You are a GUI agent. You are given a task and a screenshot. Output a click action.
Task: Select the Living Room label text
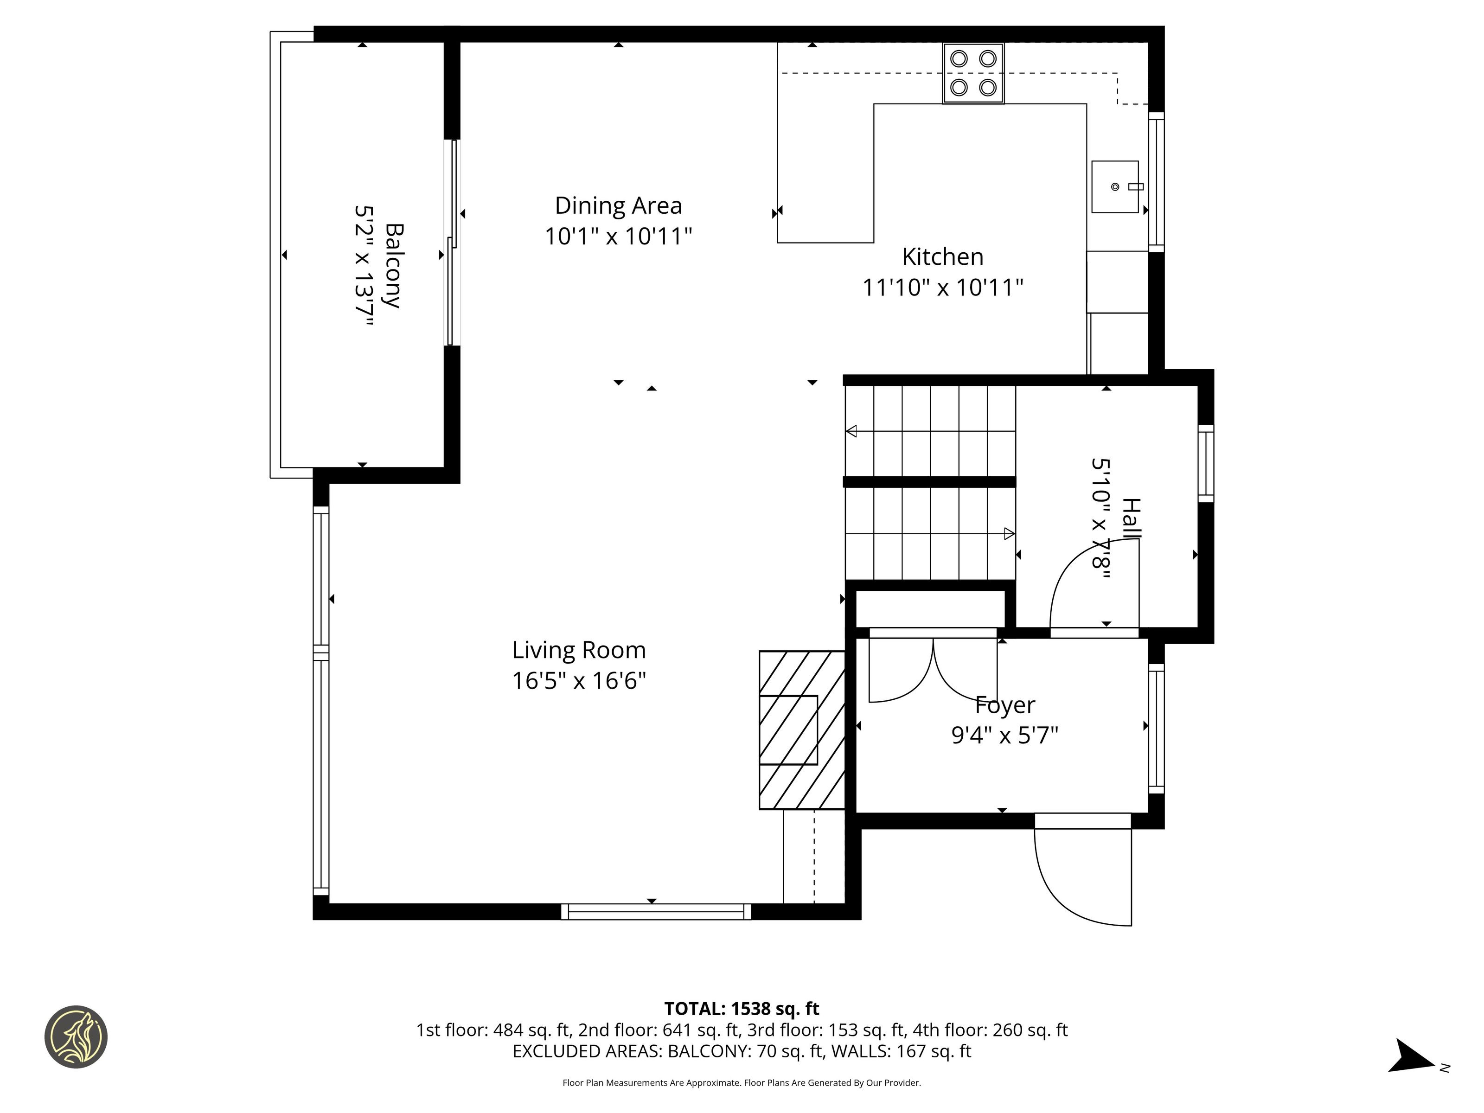point(579,650)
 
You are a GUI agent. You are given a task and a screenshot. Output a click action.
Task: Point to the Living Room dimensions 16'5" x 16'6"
point(579,681)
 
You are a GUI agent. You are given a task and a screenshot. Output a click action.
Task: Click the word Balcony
point(394,266)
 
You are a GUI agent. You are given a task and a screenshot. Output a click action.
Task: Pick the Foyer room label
point(1004,705)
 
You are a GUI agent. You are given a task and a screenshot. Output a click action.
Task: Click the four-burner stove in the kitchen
point(973,73)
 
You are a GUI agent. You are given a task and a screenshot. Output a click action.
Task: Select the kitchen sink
point(1115,186)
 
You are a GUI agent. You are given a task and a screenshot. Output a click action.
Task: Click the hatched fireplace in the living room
point(802,730)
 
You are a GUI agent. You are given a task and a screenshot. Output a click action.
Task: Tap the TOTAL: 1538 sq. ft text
point(742,1009)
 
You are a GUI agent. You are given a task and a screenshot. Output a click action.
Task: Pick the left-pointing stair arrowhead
point(851,431)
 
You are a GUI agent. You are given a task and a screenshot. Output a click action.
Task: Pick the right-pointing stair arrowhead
point(1009,534)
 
